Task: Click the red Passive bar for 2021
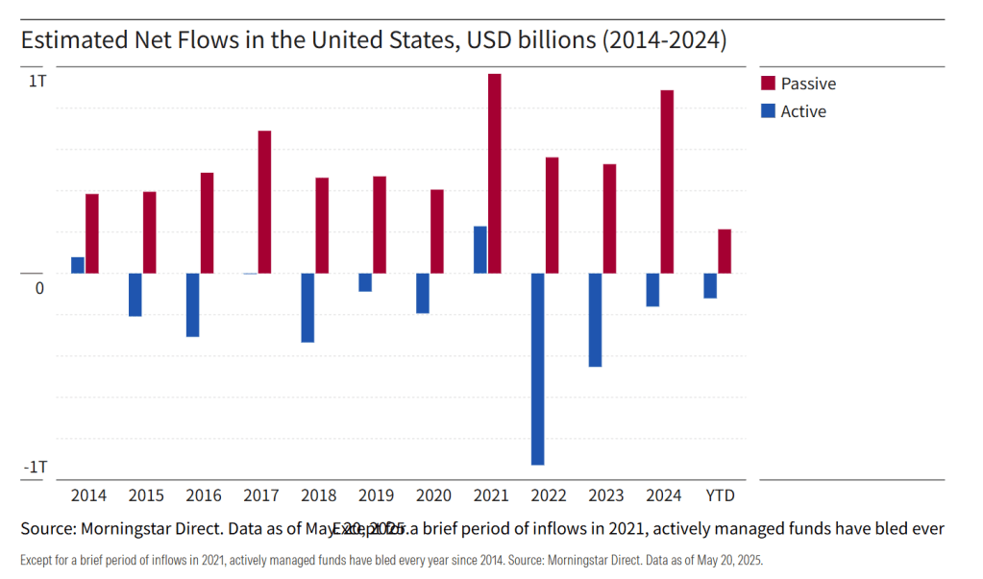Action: pyautogui.click(x=495, y=174)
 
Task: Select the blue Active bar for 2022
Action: pyautogui.click(x=538, y=369)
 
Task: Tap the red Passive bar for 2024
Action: pyautogui.click(x=667, y=181)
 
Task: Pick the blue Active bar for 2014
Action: pyautogui.click(x=78, y=265)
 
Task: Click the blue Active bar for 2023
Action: pyautogui.click(x=596, y=320)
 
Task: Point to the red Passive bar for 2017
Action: pyautogui.click(x=264, y=202)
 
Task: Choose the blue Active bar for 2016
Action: pyautogui.click(x=192, y=304)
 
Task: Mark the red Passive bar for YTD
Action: pyautogui.click(x=725, y=251)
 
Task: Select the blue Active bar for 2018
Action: pyautogui.click(x=307, y=307)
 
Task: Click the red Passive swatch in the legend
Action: pyautogui.click(x=768, y=83)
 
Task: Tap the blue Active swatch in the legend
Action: pyautogui.click(x=768, y=110)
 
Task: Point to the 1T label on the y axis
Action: pyautogui.click(x=37, y=82)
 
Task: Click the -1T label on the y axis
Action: pyautogui.click(x=36, y=467)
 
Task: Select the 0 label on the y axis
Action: pyautogui.click(x=40, y=288)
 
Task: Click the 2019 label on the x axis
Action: pyautogui.click(x=376, y=495)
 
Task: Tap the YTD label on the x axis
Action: pyautogui.click(x=721, y=495)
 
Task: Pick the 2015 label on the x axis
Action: pyautogui.click(x=146, y=495)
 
